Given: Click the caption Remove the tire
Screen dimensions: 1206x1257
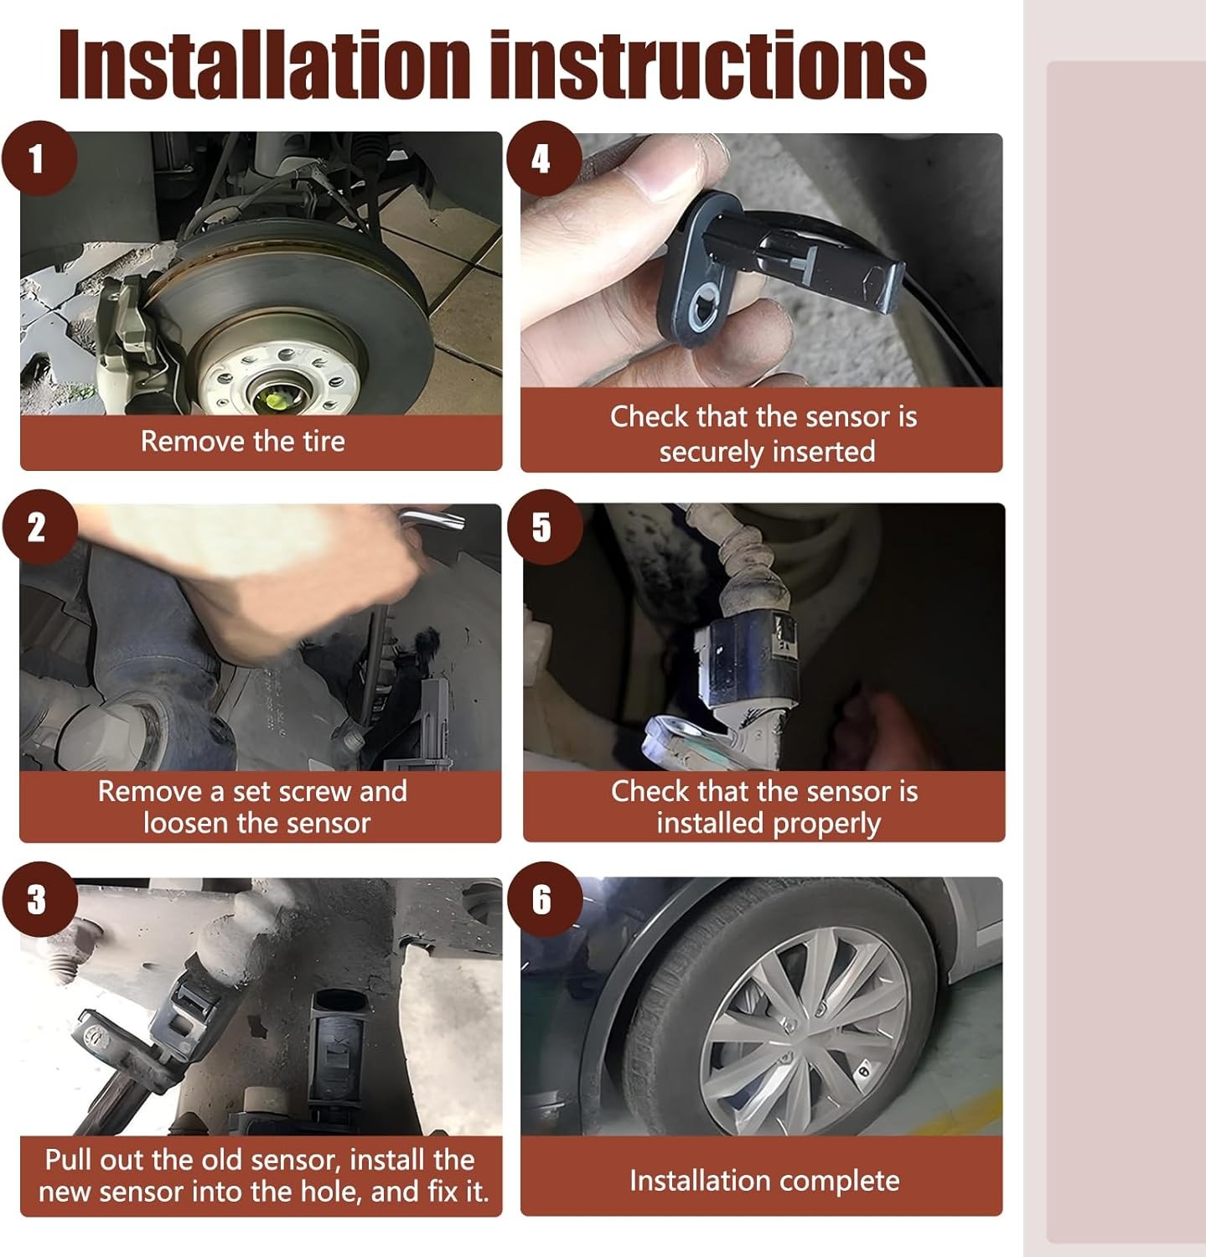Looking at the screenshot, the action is pos(243,441).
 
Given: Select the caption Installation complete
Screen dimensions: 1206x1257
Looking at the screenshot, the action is pos(764,1181).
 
